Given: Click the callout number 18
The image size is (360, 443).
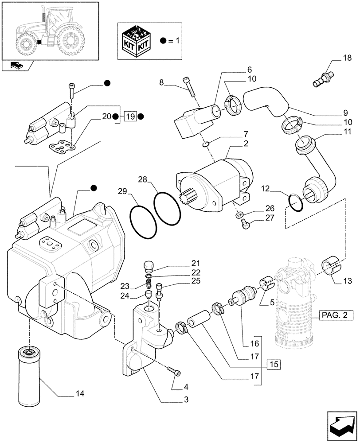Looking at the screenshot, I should (346, 58).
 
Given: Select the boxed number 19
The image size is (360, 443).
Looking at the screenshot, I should (129, 117).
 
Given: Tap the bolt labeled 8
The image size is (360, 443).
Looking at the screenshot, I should (188, 87).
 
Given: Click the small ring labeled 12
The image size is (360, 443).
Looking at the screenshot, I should (296, 202).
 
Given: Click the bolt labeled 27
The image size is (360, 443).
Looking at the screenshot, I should (243, 225).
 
